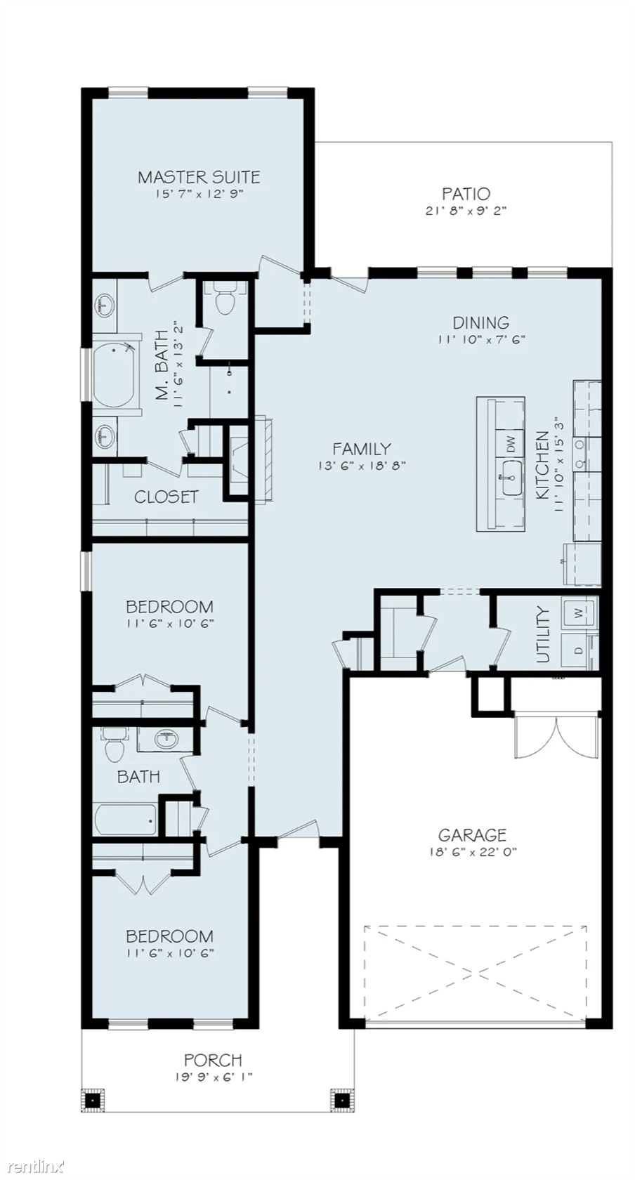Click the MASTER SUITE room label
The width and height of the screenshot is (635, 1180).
tap(199, 177)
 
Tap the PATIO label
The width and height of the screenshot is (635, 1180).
tap(466, 194)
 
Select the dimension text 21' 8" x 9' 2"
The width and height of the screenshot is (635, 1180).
tap(466, 211)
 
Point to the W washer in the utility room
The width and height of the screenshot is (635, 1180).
tap(579, 612)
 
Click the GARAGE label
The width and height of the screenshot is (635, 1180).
tap(472, 835)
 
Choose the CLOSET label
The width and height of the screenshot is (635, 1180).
tap(166, 497)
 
